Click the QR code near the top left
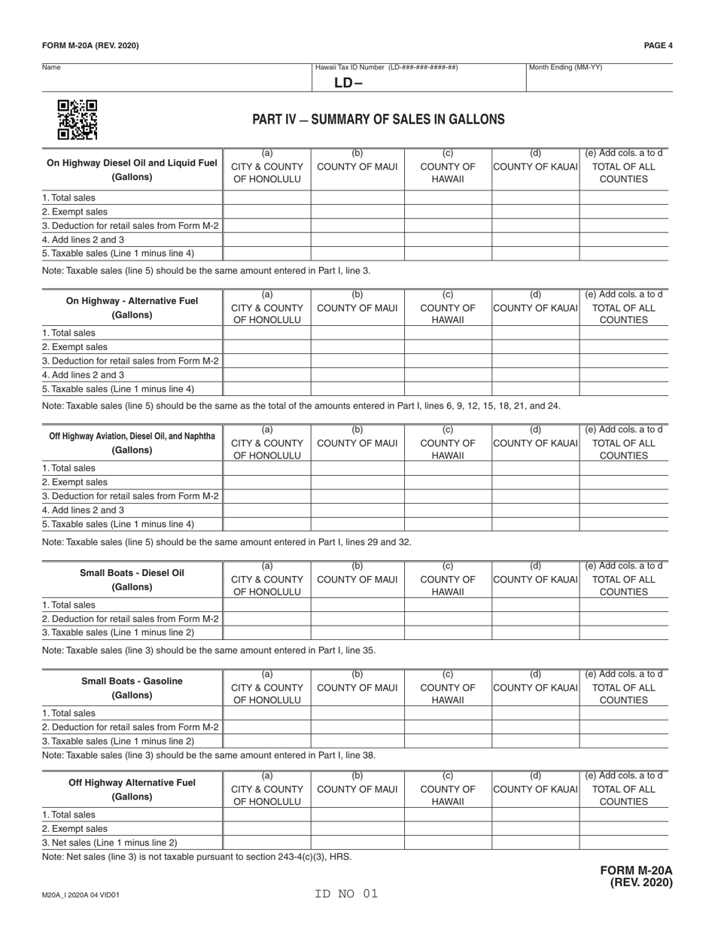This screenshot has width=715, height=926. point(78,120)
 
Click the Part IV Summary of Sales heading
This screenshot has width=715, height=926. point(378,120)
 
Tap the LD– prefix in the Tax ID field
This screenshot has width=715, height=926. point(348,83)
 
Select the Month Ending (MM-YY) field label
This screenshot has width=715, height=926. point(565,68)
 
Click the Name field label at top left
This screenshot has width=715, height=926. point(51,68)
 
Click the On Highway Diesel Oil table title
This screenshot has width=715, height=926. point(132,169)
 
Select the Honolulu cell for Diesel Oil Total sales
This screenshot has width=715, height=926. point(266,198)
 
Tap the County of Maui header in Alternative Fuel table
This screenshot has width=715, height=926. point(357,308)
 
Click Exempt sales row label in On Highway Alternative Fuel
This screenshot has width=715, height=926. point(75,347)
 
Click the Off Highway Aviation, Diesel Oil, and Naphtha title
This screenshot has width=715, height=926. point(132,443)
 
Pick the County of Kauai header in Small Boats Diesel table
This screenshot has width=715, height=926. point(535,580)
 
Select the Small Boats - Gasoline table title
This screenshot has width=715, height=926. point(132,687)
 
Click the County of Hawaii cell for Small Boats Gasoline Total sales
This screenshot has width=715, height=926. point(448,713)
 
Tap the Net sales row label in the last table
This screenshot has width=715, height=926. point(110,842)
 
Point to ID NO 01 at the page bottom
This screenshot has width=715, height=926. point(346,894)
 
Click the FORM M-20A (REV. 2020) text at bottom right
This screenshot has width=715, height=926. point(636,877)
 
